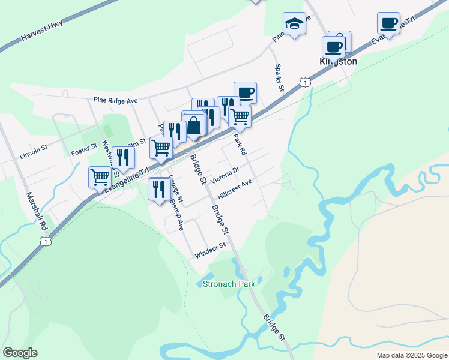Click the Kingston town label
point(337,61)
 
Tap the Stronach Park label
point(229,284)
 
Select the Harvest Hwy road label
point(41,36)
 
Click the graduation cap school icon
point(294,24)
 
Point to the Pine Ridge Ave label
point(116,101)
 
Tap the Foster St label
point(84,147)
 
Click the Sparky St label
point(279,78)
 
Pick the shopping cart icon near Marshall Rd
point(100,176)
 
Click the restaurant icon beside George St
point(158,189)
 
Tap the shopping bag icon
point(194,126)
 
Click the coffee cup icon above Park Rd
point(245,92)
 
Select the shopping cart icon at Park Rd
point(240,116)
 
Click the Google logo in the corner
point(20,353)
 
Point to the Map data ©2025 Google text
point(411,355)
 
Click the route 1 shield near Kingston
point(306,82)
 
